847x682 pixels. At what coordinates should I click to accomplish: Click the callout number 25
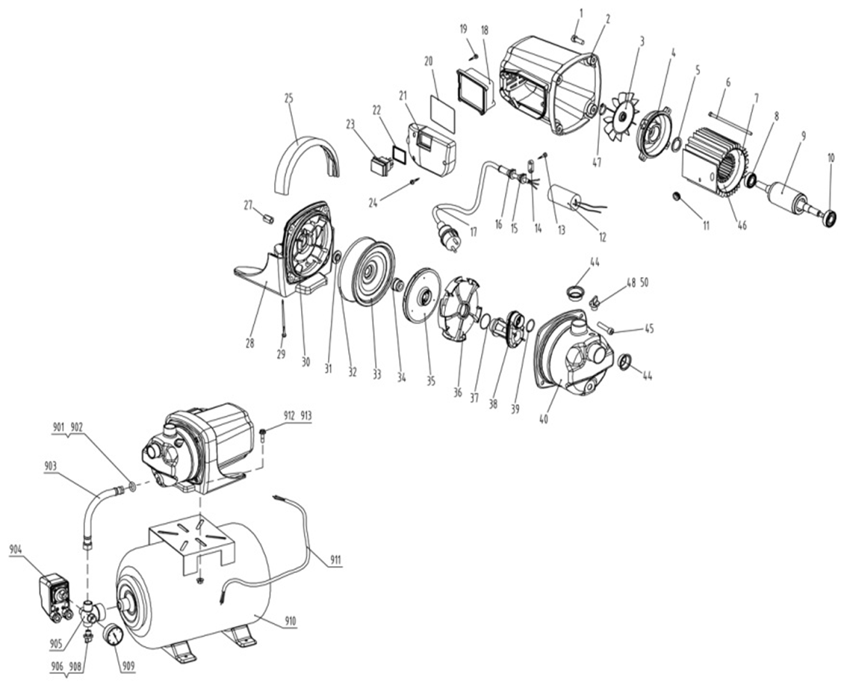pyautogui.click(x=288, y=98)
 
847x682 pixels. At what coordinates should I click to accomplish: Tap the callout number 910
pyautogui.click(x=290, y=622)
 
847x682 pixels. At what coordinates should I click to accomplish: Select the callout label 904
pyautogui.click(x=17, y=550)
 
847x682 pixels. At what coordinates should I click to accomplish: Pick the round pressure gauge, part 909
pyautogui.click(x=113, y=633)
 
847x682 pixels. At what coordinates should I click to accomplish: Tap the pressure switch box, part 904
pyautogui.click(x=55, y=598)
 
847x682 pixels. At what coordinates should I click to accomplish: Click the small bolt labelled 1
pyautogui.click(x=577, y=38)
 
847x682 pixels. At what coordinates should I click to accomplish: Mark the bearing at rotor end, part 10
pyautogui.click(x=829, y=218)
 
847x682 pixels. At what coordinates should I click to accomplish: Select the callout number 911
pyautogui.click(x=335, y=560)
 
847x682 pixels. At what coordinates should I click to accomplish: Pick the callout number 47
pyautogui.click(x=596, y=162)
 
